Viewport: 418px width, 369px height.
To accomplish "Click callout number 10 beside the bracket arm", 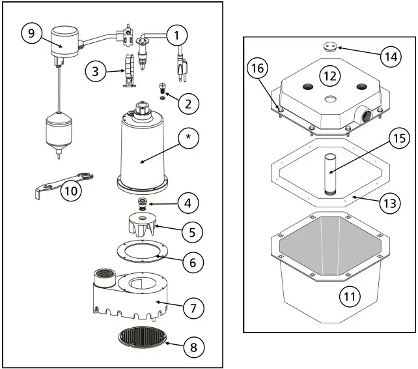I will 72,191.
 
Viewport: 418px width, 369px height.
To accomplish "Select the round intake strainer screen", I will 141,336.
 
